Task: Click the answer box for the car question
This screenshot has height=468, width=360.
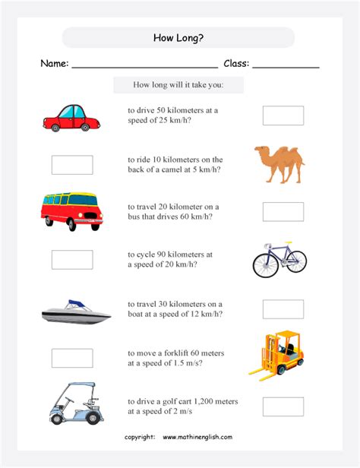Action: tap(283, 115)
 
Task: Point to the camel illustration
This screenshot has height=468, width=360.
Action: tap(279, 164)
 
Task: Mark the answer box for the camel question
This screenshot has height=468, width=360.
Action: tap(72, 165)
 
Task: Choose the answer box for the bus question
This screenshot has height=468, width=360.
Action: tap(283, 212)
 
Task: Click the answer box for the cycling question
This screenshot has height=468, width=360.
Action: tap(72, 260)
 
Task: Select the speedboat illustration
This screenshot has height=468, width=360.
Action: tap(72, 311)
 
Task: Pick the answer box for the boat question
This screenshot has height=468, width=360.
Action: tap(283, 309)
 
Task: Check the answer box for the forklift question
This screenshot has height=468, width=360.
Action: tap(72, 358)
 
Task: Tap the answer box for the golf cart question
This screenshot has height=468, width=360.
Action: tap(283, 406)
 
